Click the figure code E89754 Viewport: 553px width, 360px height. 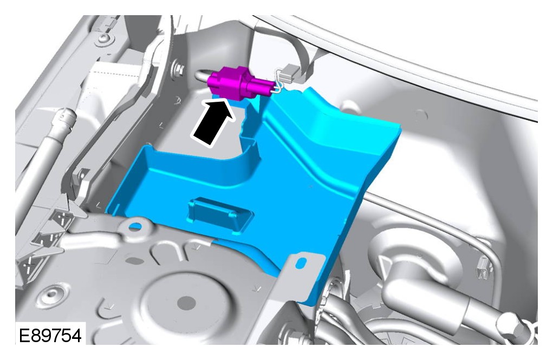50,335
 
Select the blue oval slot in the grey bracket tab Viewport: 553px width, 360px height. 302,263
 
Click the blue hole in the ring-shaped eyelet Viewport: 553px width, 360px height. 135,226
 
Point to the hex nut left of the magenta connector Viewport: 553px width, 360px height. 178,68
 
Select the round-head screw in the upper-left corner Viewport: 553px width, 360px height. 105,37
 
